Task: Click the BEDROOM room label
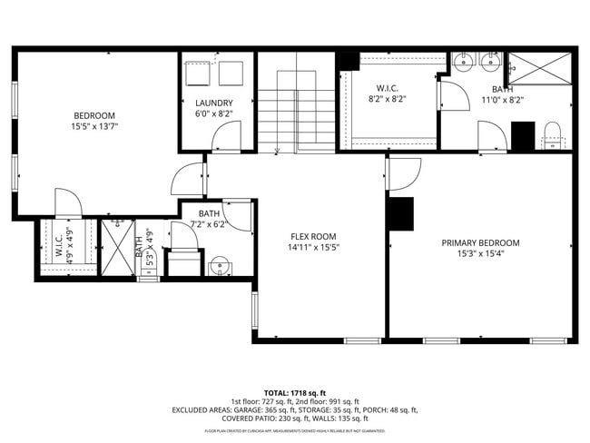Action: (94, 115)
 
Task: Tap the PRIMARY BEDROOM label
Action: (480, 242)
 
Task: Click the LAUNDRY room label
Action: (214, 103)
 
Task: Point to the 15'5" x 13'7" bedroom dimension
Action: (94, 127)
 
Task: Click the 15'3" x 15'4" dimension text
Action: (480, 254)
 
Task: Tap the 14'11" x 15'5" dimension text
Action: (313, 247)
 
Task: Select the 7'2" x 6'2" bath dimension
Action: (207, 224)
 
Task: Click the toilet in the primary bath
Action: (553, 134)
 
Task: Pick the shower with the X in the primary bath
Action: (538, 69)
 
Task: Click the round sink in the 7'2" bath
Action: (219, 268)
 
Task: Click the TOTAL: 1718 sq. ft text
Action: (295, 391)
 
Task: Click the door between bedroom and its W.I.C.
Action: (68, 204)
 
